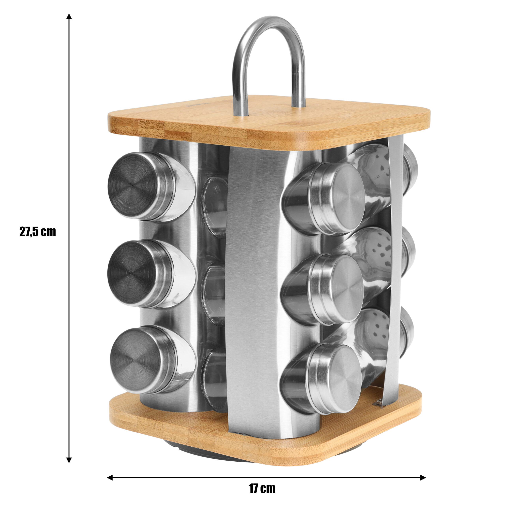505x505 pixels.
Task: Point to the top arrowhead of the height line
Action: click(69, 17)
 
